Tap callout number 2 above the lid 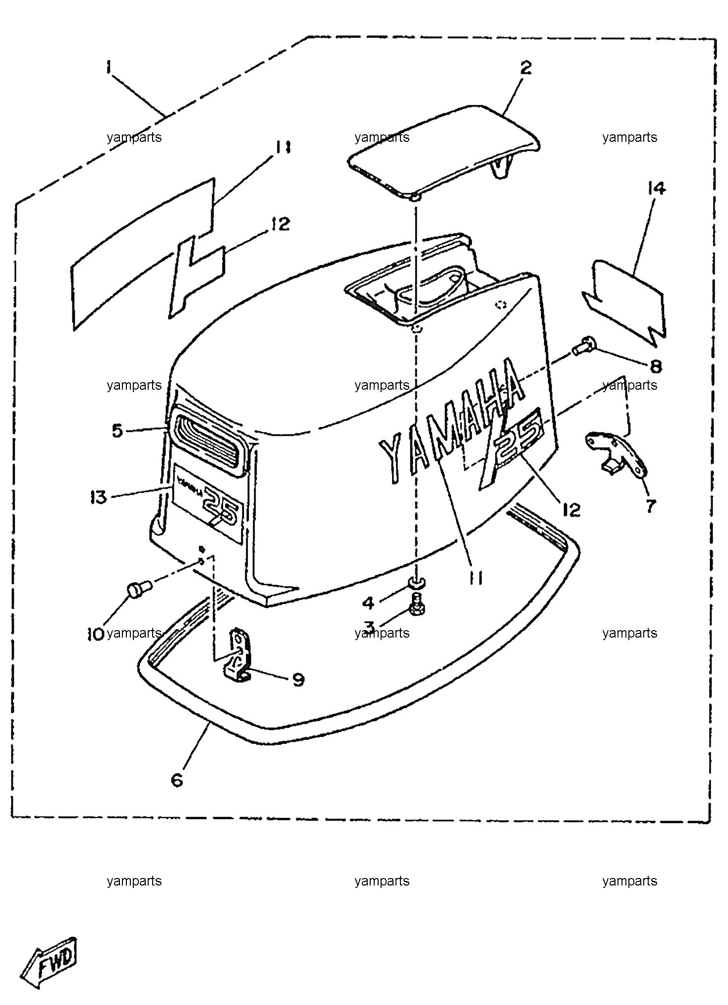pyautogui.click(x=526, y=68)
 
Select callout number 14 pyautogui.click(x=656, y=188)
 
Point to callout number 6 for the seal pyautogui.click(x=177, y=779)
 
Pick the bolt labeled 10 pyautogui.click(x=139, y=589)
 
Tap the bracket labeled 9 pyautogui.click(x=237, y=653)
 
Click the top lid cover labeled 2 pyautogui.click(x=443, y=152)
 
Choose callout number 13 pyautogui.click(x=99, y=496)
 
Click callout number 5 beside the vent pyautogui.click(x=117, y=430)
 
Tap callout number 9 pyautogui.click(x=298, y=679)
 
